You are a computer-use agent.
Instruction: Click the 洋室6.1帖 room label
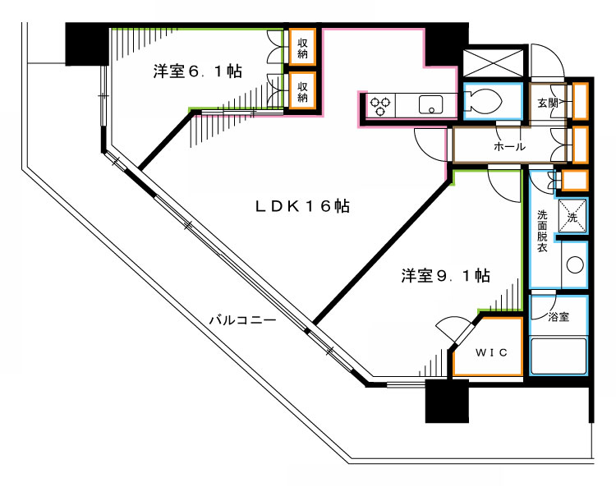click(198, 71)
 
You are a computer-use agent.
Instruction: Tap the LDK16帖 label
click(302, 206)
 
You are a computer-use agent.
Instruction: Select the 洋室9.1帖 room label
click(445, 275)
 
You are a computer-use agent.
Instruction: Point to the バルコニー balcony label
click(242, 320)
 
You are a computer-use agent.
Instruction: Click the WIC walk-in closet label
click(491, 352)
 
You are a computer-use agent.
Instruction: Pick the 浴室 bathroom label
click(559, 316)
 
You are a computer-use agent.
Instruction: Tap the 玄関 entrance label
click(548, 103)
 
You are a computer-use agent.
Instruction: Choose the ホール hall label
click(509, 146)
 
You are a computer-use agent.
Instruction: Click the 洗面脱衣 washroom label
click(542, 232)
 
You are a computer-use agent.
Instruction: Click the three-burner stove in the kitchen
click(380, 105)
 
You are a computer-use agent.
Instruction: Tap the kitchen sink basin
click(431, 105)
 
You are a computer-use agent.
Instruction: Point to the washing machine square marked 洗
click(572, 216)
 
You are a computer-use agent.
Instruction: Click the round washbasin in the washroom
click(575, 264)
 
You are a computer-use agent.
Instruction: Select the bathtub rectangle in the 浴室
click(559, 356)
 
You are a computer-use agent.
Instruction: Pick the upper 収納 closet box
click(302, 47)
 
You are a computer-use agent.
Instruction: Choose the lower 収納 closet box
click(302, 90)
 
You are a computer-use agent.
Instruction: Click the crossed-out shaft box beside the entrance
click(494, 62)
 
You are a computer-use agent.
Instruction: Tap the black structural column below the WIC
click(447, 401)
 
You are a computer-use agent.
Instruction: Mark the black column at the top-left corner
click(87, 44)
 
